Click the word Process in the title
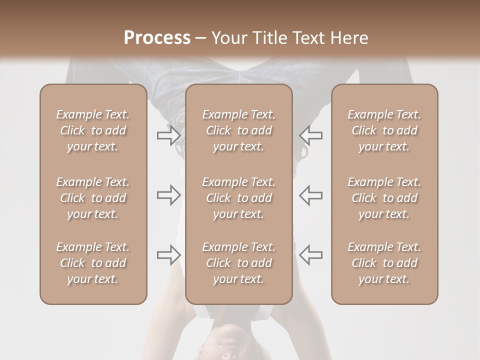click(x=157, y=38)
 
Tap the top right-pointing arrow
click(x=168, y=135)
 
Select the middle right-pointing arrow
click(x=168, y=195)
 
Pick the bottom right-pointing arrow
click(x=168, y=255)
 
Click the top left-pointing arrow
click(x=311, y=135)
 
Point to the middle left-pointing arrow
click(x=311, y=195)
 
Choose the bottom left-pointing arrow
click(x=311, y=255)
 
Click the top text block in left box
click(x=93, y=130)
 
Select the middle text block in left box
click(x=93, y=198)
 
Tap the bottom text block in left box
click(x=93, y=263)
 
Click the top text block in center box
click(x=238, y=130)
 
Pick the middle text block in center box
click(x=238, y=198)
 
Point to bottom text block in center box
click(x=238, y=263)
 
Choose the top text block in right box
click(x=384, y=130)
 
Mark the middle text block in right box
click(x=384, y=198)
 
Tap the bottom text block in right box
click(x=384, y=263)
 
